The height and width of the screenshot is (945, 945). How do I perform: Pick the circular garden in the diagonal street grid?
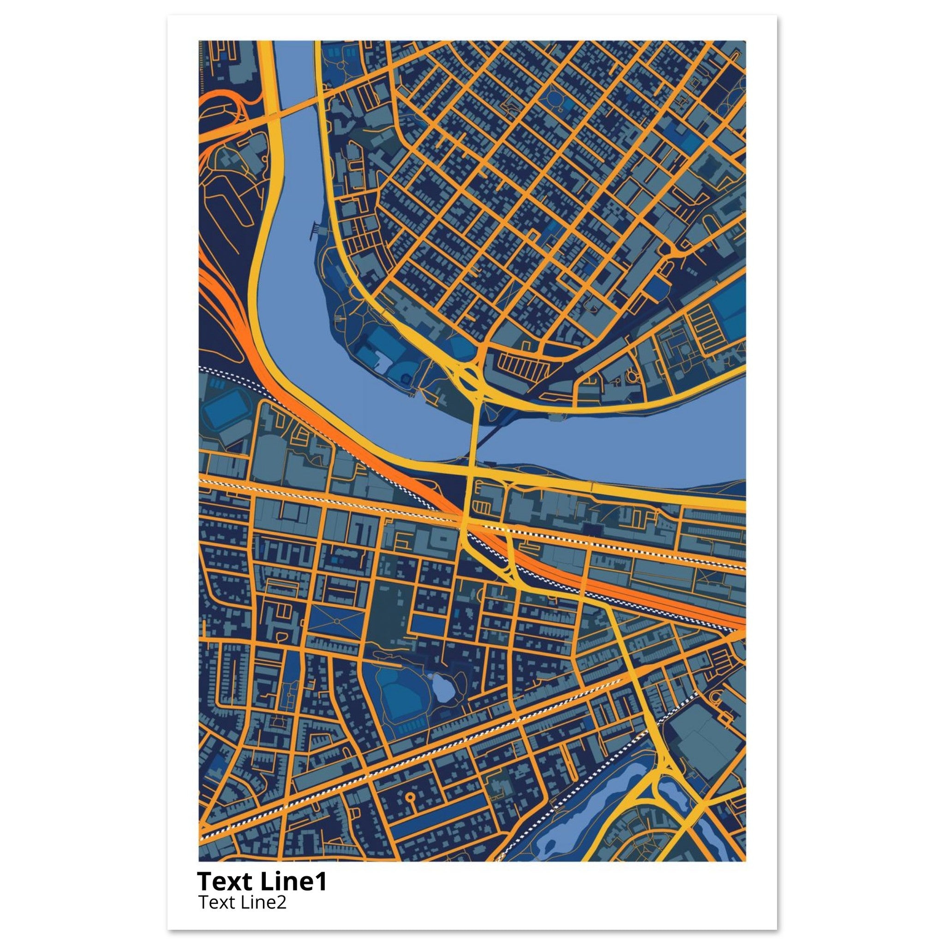[x=555, y=99]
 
